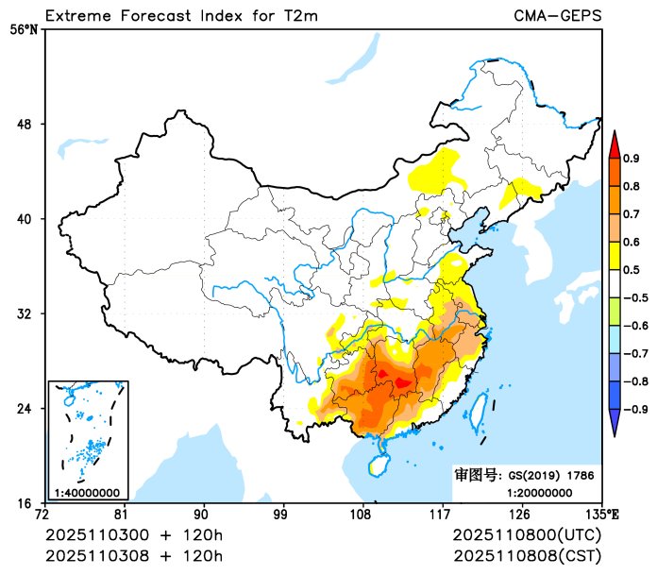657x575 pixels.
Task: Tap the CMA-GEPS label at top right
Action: pyautogui.click(x=557, y=15)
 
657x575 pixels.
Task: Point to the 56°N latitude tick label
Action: pyautogui.click(x=24, y=29)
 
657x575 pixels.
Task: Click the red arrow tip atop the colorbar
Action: pyautogui.click(x=614, y=143)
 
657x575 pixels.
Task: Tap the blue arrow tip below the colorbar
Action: pyautogui.click(x=614, y=426)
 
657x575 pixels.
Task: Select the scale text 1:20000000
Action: pyautogui.click(x=539, y=492)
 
